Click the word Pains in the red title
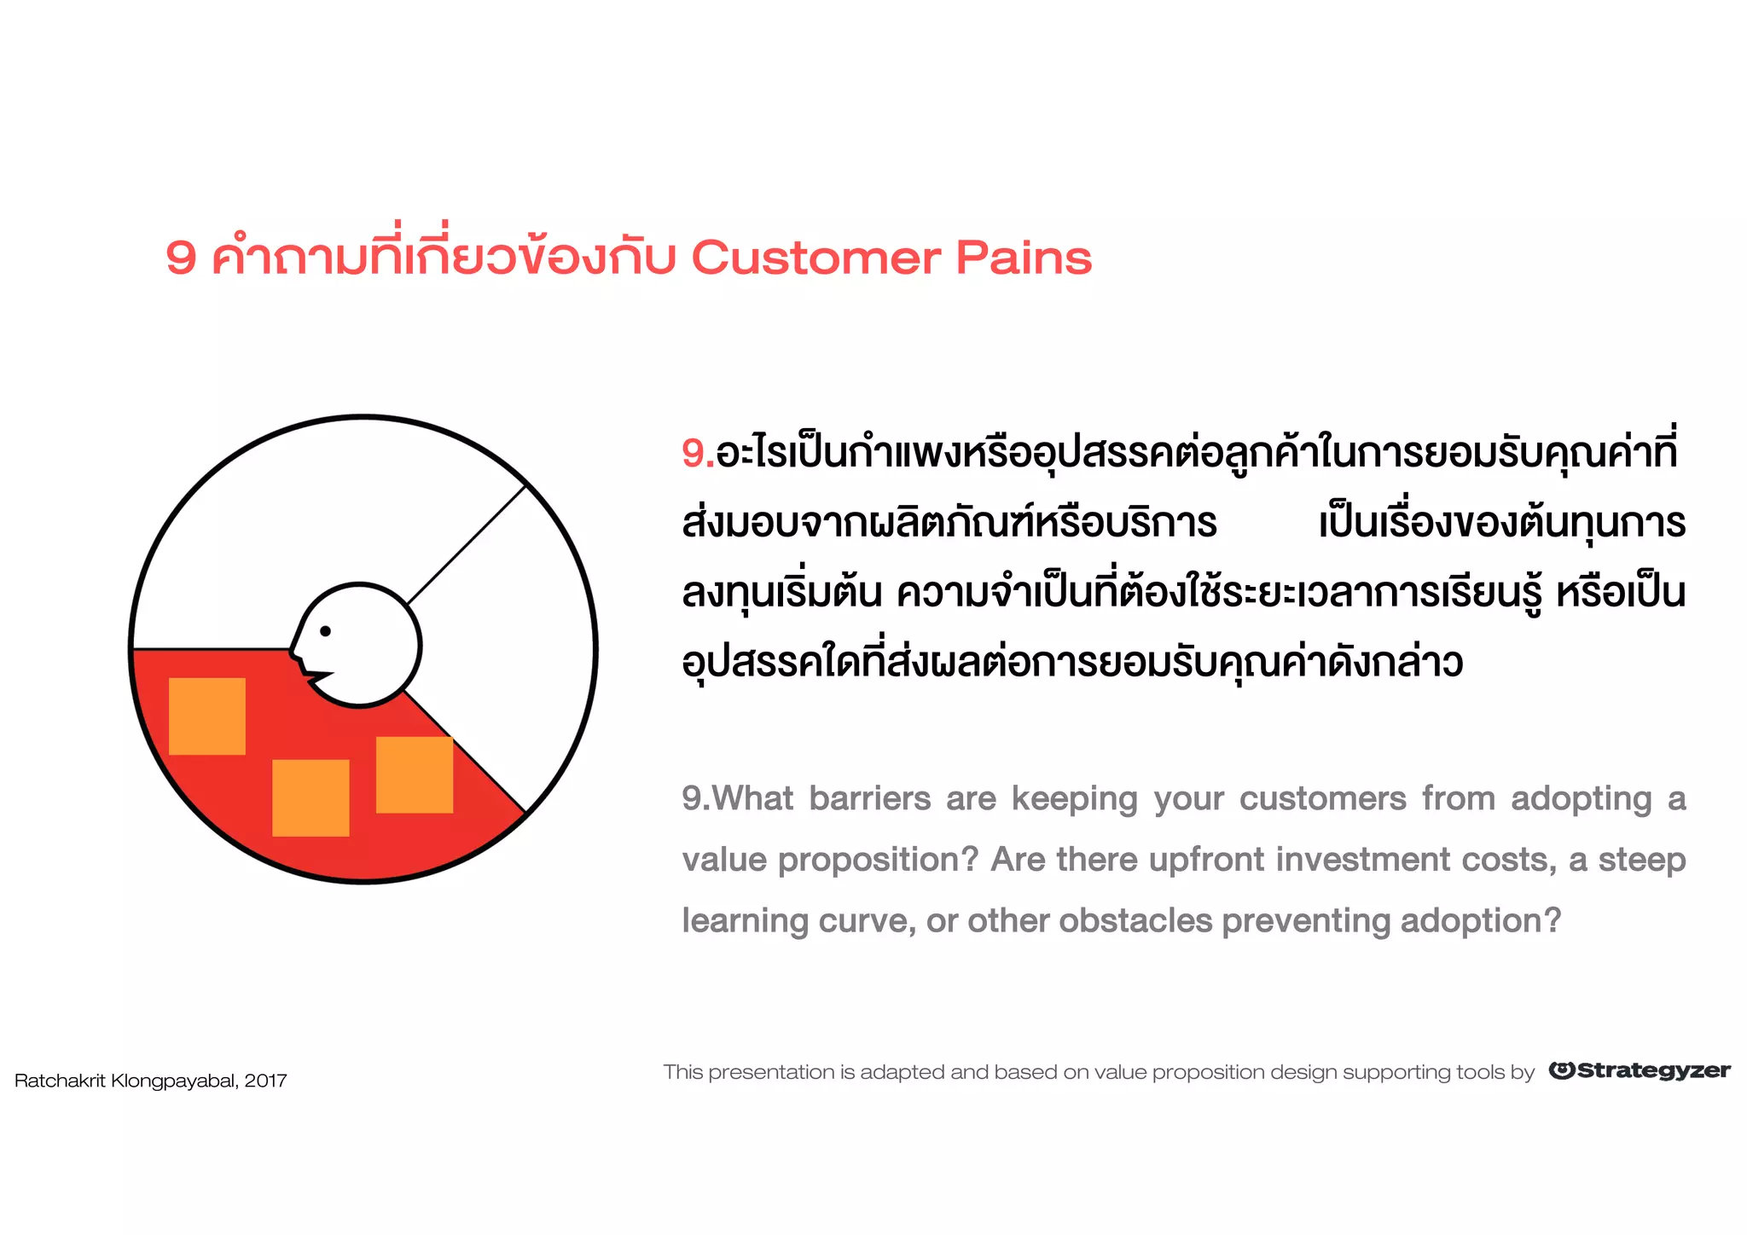click(x=1023, y=258)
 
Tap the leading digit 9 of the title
click(x=181, y=258)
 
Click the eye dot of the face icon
click(x=325, y=631)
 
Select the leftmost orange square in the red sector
click(x=207, y=716)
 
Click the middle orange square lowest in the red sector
click(x=311, y=797)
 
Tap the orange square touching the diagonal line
click(x=415, y=774)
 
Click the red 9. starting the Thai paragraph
click(x=697, y=453)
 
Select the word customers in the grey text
click(x=1322, y=799)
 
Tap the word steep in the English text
click(x=1641, y=860)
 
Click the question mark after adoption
click(x=1553, y=920)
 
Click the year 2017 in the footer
click(x=265, y=1081)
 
